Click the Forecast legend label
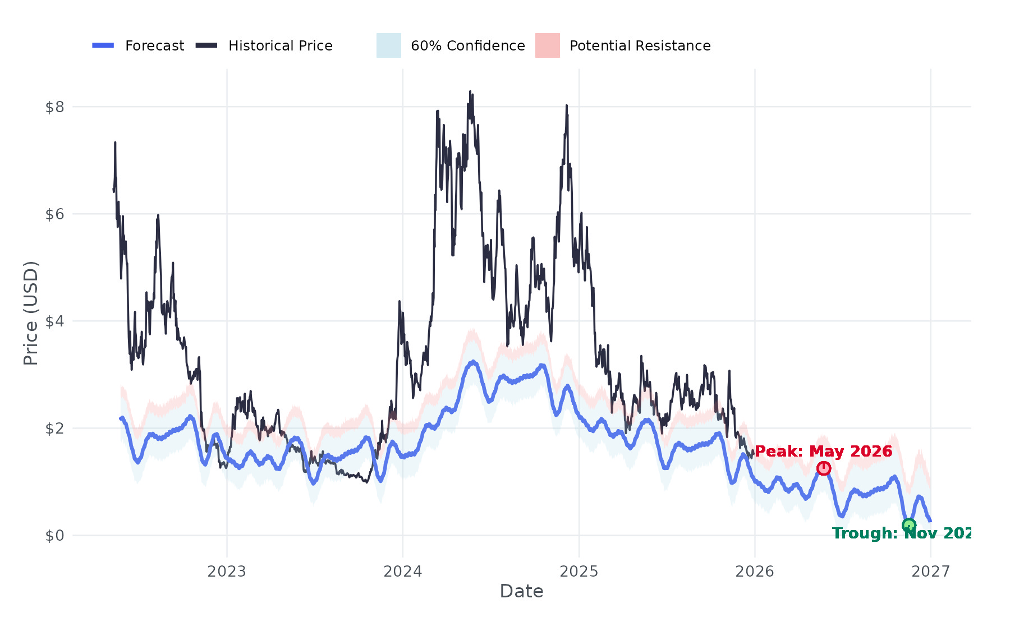tap(154, 45)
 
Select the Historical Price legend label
tap(280, 45)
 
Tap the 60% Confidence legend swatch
tap(388, 45)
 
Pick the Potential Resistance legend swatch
tap(547, 45)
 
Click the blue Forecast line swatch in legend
tap(103, 45)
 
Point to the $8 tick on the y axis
tap(54, 107)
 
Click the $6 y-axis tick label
tap(54, 214)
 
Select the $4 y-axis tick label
tap(54, 321)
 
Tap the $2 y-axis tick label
tap(54, 428)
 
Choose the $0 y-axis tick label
tap(54, 535)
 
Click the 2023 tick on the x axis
tap(227, 571)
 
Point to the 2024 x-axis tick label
tap(402, 571)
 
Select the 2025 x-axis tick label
tap(579, 571)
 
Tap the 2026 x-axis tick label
tap(755, 571)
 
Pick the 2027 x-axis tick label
tap(930, 571)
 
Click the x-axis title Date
tap(521, 591)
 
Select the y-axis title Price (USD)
tap(31, 313)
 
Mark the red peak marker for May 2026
tap(823, 468)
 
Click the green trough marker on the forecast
tap(909, 526)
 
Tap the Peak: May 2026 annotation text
tap(823, 451)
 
